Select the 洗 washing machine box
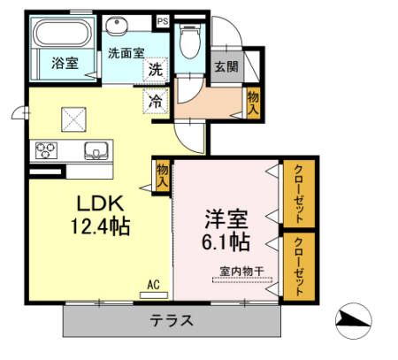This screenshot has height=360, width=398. pos(155,70)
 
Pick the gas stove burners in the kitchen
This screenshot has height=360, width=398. pos(46,150)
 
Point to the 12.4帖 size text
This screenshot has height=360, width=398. pos(99,227)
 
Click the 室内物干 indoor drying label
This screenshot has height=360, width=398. pos(241,271)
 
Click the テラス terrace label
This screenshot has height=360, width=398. pos(171,321)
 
